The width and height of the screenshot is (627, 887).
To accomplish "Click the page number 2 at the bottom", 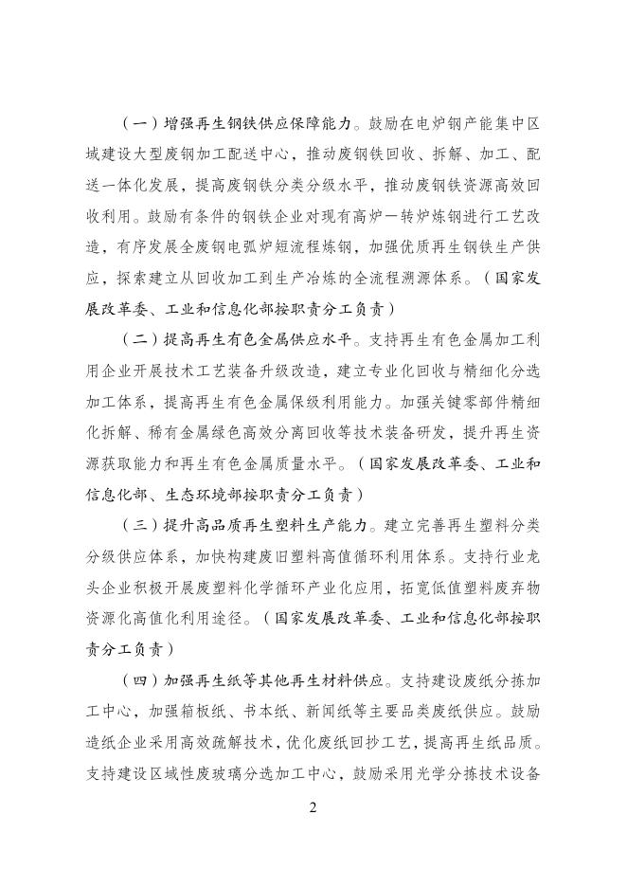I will click(x=313, y=808).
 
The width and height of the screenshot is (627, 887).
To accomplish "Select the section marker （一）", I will click(x=140, y=124).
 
